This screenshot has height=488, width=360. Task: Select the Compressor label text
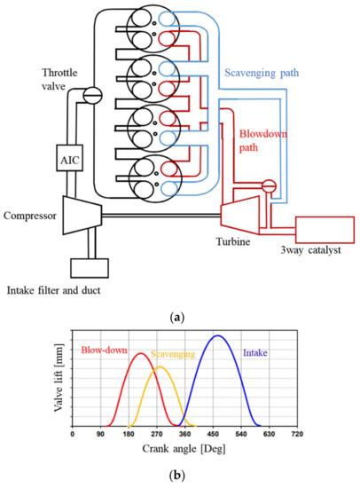tap(30, 215)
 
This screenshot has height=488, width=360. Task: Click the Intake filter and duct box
tap(92, 266)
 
